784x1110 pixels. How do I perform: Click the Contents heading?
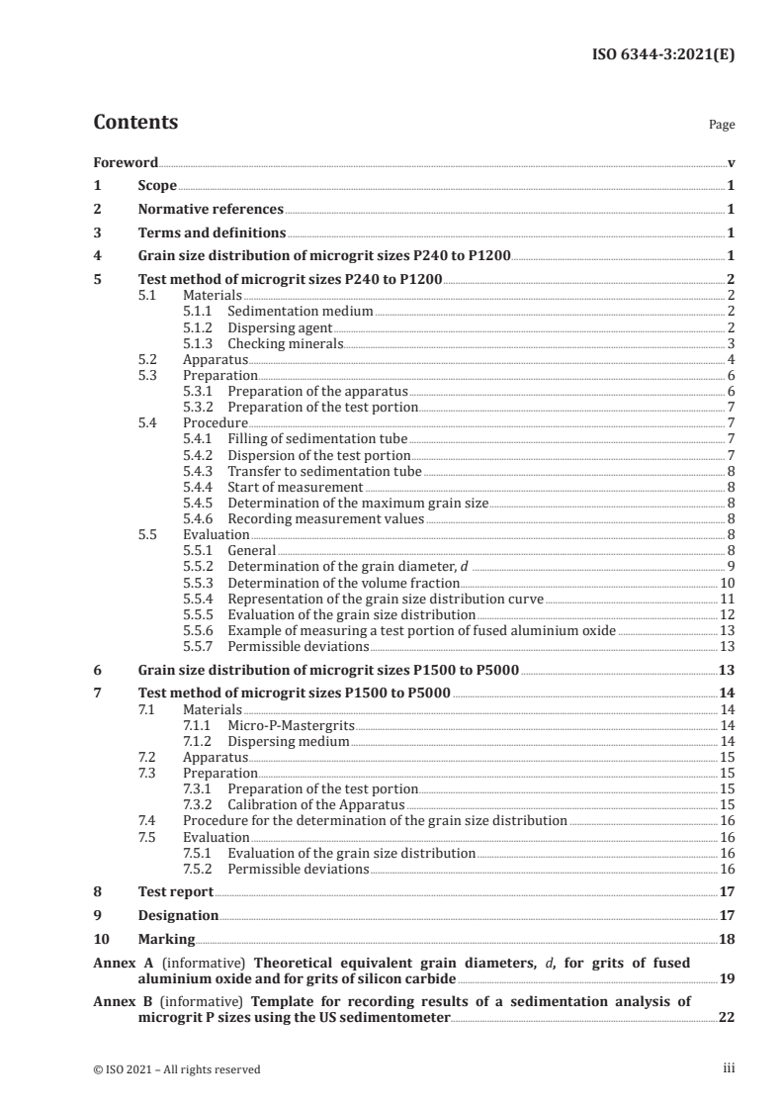[x=135, y=124]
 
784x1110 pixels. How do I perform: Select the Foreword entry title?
[x=126, y=161]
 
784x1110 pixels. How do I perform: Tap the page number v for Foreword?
[x=730, y=161]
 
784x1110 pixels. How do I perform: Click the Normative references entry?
[x=211, y=210]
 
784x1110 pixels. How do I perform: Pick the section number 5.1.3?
[x=200, y=343]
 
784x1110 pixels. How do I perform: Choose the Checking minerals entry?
[x=286, y=343]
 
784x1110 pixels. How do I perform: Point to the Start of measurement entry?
[x=294, y=487]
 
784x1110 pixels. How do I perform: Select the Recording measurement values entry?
[x=325, y=518]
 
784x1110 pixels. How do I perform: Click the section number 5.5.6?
[x=200, y=630]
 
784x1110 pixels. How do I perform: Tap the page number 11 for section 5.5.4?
[x=726, y=599]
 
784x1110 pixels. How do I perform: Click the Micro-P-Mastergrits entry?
[x=290, y=726]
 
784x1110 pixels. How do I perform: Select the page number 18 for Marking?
[x=726, y=939]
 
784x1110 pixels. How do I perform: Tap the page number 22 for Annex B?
[x=725, y=1018]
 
